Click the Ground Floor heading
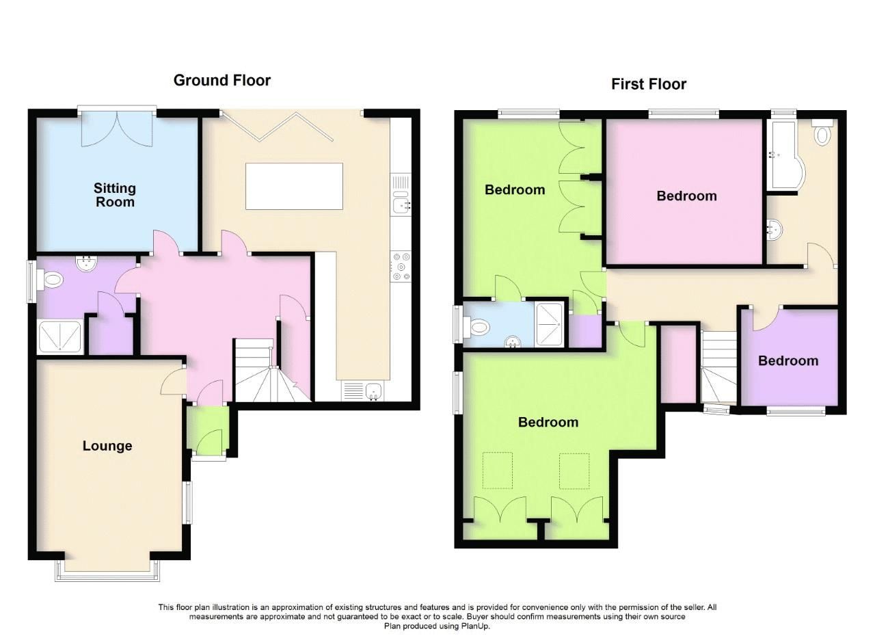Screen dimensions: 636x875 click(x=221, y=80)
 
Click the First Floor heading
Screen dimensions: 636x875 click(x=648, y=84)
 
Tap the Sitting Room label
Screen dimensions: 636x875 click(x=115, y=195)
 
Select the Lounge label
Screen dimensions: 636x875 click(x=107, y=446)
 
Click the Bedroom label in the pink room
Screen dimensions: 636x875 click(x=686, y=196)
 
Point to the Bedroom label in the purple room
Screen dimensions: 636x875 click(x=787, y=360)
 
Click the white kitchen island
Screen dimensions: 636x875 click(x=294, y=186)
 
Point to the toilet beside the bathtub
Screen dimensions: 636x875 click(x=821, y=133)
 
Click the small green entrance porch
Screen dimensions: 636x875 click(x=208, y=431)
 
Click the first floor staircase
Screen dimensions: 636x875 click(x=718, y=367)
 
